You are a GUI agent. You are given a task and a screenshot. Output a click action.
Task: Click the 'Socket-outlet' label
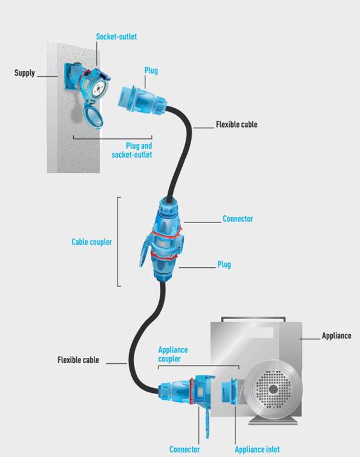click(116, 37)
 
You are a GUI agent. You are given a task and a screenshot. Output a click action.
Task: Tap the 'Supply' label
click(24, 73)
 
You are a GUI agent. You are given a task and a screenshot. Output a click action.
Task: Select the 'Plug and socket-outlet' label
click(132, 150)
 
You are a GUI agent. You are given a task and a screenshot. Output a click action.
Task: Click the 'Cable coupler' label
click(91, 242)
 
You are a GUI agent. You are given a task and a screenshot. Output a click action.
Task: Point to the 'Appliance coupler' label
click(173, 354)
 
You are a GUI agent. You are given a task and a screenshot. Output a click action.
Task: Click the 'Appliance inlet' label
click(257, 449)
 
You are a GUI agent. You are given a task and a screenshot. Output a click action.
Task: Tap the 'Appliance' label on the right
click(336, 336)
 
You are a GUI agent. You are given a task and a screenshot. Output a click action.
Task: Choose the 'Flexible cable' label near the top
click(237, 125)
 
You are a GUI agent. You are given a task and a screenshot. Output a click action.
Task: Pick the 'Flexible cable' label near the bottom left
click(78, 360)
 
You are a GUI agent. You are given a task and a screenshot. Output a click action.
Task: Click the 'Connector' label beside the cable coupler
click(238, 219)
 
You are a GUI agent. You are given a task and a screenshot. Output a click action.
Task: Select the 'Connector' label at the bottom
click(185, 449)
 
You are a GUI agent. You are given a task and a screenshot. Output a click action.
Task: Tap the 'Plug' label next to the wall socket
click(151, 71)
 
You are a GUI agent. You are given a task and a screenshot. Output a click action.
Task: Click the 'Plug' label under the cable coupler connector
click(224, 265)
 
